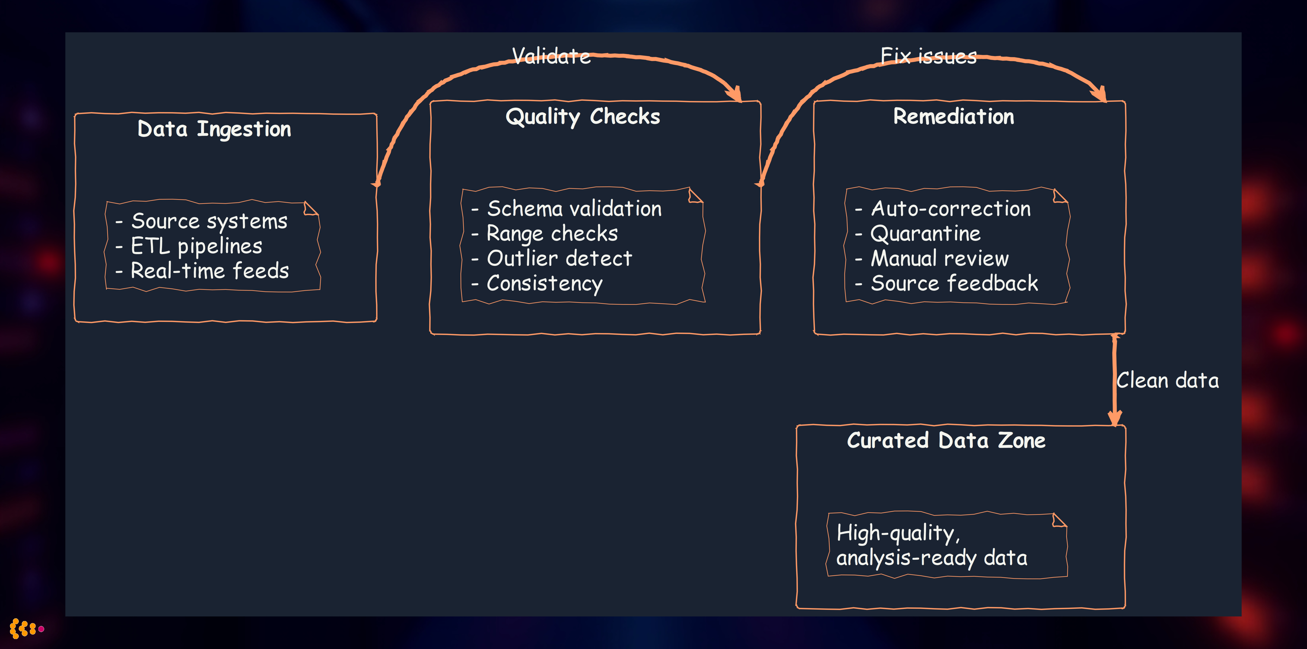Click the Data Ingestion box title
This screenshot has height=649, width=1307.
214,129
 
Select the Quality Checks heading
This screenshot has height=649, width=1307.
582,117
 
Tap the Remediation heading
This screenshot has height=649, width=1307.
953,117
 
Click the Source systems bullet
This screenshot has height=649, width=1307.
209,221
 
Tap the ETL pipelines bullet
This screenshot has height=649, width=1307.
196,246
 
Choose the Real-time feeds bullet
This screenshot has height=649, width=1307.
210,271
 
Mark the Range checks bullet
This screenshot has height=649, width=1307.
552,233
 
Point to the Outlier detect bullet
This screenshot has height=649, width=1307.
559,258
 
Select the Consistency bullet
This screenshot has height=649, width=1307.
544,283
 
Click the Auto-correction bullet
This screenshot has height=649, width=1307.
950,209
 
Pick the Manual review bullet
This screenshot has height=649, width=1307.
939,258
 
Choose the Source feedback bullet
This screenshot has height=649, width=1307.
954,283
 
